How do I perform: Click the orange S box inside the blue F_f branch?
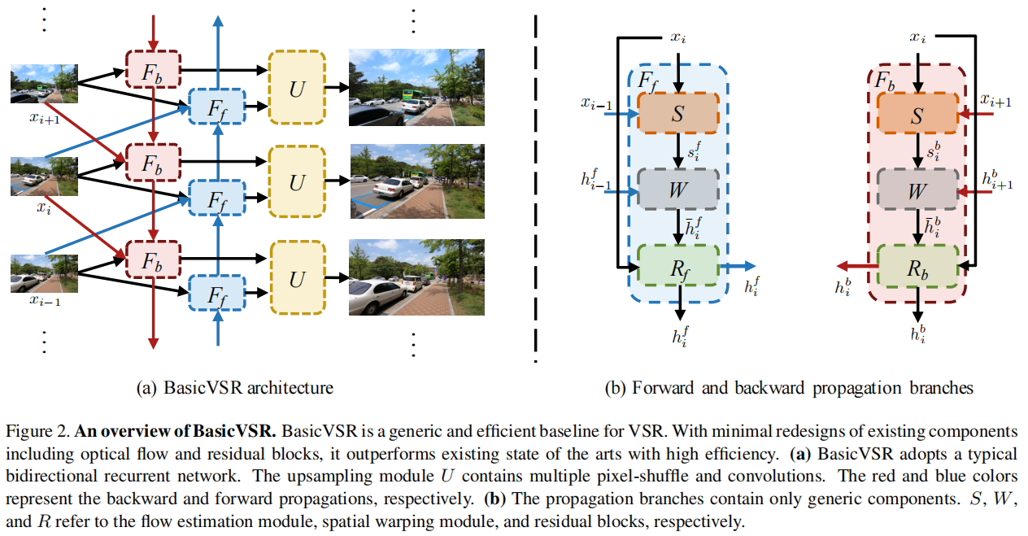pos(678,113)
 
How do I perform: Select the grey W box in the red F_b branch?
pos(917,191)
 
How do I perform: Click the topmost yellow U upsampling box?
pos(297,88)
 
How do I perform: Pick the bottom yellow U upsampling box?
pos(297,279)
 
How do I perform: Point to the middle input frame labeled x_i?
pos(44,176)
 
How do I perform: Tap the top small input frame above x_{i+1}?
pos(44,85)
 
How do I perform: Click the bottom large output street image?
pos(416,277)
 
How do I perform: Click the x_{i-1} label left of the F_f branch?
pos(597,103)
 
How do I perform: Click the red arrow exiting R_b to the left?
pos(856,265)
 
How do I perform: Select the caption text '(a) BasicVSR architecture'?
pos(234,387)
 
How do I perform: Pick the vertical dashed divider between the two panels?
pos(535,187)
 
